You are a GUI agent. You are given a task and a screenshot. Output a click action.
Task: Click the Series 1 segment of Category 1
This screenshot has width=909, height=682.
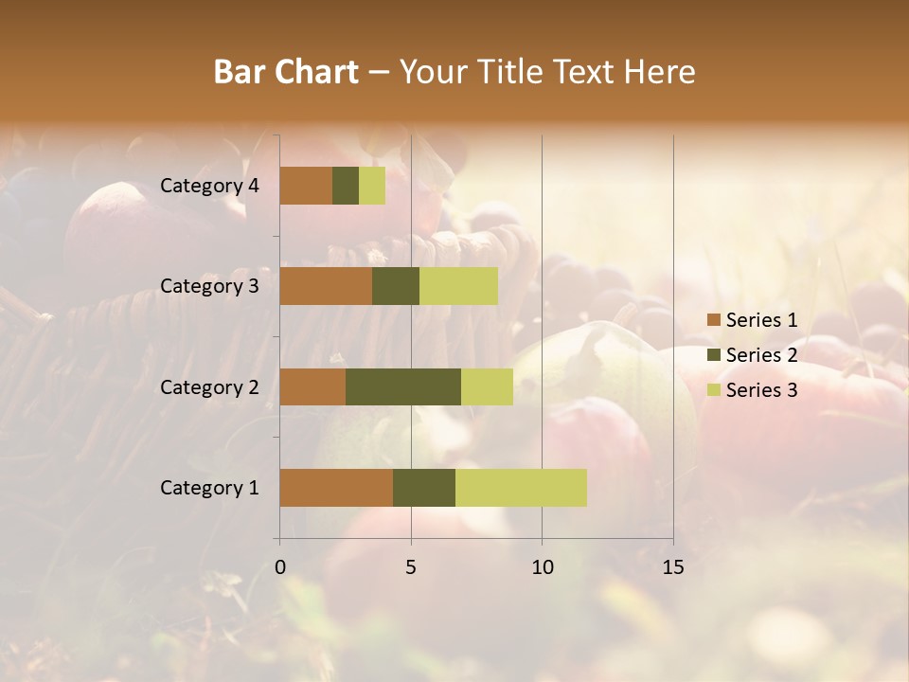pos(336,487)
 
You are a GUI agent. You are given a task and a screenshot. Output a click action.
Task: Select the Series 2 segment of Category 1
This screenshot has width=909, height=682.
pos(424,487)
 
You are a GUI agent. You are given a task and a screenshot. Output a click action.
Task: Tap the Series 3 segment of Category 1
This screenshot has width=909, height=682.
pos(521,487)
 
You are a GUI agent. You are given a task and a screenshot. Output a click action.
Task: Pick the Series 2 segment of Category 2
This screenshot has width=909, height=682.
pos(403,386)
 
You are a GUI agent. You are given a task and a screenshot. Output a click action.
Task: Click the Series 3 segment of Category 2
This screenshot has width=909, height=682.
pos(487,386)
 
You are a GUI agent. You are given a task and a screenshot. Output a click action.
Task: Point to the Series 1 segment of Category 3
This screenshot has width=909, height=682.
pos(326,286)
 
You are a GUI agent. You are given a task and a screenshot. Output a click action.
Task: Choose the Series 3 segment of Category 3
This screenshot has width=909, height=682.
pos(458,286)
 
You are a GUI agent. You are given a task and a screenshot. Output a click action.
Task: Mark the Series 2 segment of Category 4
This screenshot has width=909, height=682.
pos(346,186)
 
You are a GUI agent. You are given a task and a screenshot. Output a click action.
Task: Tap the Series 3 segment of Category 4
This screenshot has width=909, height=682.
pos(372,186)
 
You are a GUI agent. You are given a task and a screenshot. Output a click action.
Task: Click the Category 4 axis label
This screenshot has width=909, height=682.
pos(209,186)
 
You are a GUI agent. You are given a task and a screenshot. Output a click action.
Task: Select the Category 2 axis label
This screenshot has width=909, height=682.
pos(209,386)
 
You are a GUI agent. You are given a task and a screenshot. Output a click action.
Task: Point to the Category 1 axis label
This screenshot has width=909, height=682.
pos(209,487)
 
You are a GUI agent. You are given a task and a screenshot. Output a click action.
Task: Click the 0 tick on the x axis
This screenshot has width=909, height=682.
pos(280,567)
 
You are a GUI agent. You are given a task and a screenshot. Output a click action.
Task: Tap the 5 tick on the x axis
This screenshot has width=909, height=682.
pos(411,567)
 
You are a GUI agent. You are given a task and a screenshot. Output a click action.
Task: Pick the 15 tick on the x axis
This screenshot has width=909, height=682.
pos(672,567)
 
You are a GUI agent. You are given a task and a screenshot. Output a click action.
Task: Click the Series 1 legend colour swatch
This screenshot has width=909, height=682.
pos(713,320)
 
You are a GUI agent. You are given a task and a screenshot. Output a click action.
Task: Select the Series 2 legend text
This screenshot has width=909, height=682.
pos(761,355)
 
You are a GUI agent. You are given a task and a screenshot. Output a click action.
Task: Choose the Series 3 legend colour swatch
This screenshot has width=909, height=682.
pos(713,390)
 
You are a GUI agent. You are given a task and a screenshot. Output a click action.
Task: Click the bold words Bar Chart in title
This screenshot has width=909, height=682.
pos(286,72)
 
